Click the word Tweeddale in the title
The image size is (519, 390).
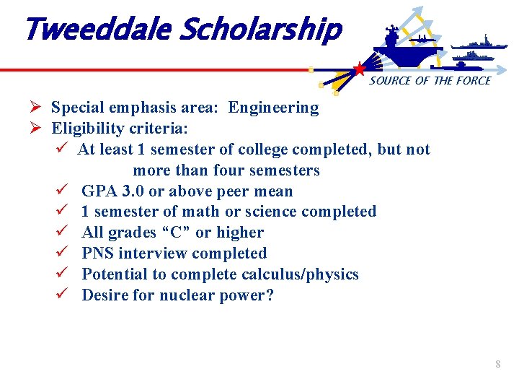point(97,30)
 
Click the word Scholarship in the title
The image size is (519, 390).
point(259,31)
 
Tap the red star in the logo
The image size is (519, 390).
point(359,69)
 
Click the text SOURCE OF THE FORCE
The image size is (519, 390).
point(430,81)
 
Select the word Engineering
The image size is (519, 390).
point(273,108)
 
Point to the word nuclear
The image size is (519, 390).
point(172,295)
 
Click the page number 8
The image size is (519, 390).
point(497,365)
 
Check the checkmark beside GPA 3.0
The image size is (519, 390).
point(61,191)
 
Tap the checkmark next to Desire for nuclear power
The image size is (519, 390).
point(61,295)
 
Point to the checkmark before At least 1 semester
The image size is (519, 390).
point(61,149)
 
